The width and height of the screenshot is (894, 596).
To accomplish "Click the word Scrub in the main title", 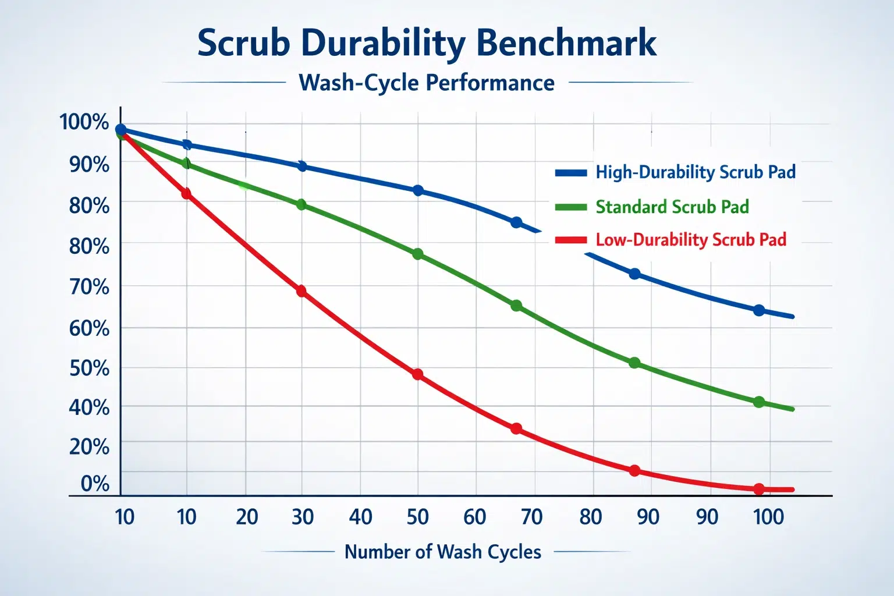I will point(243,43).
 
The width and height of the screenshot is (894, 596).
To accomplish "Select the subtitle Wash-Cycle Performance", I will point(426,83).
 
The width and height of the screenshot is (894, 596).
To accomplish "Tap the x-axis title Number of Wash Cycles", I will point(442,552).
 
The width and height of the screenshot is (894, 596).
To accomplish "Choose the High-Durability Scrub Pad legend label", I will point(696,172).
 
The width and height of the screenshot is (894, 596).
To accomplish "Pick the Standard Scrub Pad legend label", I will point(672,207).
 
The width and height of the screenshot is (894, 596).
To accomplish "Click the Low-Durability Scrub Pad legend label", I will point(691,240).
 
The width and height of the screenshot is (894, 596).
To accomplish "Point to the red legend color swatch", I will point(570,240).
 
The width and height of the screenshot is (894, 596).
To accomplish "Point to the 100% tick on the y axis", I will point(84,122).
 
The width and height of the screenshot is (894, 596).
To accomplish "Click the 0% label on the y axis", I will point(95,483).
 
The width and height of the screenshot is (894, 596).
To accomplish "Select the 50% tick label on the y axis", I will point(89,368).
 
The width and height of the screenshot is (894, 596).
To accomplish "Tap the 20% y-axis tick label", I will point(89,446).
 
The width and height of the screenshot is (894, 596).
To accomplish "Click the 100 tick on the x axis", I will point(768,517).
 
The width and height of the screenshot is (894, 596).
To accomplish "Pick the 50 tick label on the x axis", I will point(417,517).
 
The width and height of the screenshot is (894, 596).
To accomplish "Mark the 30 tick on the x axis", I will point(302,517).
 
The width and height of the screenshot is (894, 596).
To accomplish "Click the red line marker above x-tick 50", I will point(417,374).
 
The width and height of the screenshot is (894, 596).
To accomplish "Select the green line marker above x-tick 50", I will point(417,254).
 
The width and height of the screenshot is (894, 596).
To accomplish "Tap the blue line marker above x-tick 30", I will point(301,166).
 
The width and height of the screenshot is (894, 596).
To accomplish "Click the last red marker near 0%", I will point(758,489).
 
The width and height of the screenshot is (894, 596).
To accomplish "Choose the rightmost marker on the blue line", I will point(759,310).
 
